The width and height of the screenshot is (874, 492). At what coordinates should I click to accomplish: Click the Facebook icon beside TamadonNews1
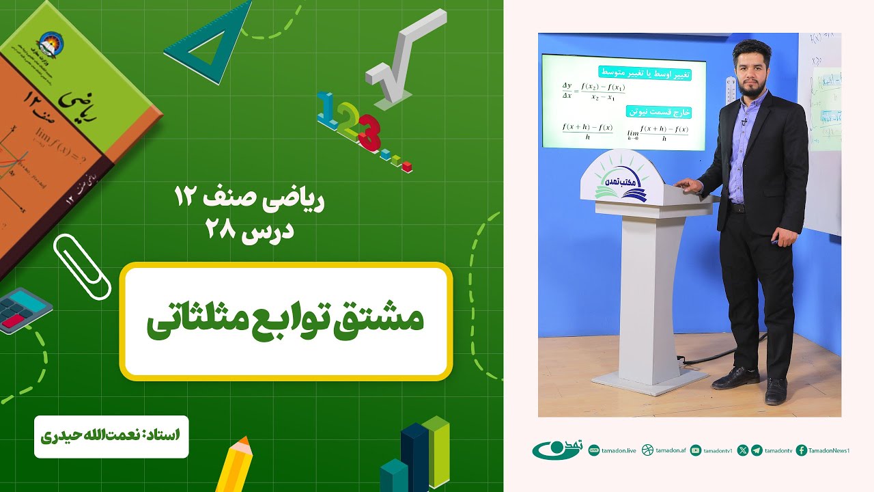pyautogui.click(x=802, y=450)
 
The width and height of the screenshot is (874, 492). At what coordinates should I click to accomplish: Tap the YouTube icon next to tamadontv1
pyautogui.click(x=696, y=450)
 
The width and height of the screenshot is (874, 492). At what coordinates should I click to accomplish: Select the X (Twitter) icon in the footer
pyautogui.click(x=743, y=450)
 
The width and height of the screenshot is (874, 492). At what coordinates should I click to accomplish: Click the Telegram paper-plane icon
pyautogui.click(x=757, y=450)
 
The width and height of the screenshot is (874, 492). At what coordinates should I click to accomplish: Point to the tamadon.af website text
pyautogui.click(x=671, y=450)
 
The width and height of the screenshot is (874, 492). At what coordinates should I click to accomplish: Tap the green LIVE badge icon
pyautogui.click(x=594, y=450)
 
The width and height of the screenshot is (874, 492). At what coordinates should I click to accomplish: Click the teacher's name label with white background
pyautogui.click(x=111, y=435)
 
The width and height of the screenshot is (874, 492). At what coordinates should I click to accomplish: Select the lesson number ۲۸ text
pyautogui.click(x=224, y=230)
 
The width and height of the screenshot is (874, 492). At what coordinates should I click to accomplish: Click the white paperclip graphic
pyautogui.click(x=81, y=266)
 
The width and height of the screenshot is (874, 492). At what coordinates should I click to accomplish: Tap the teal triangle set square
pyautogui.click(x=204, y=48)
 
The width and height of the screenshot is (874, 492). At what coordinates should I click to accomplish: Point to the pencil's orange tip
pyautogui.click(x=242, y=444)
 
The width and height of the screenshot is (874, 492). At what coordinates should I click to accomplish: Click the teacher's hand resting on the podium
pyautogui.click(x=686, y=184)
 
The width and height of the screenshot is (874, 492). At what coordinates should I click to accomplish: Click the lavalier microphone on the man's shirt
pyautogui.click(x=744, y=122)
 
